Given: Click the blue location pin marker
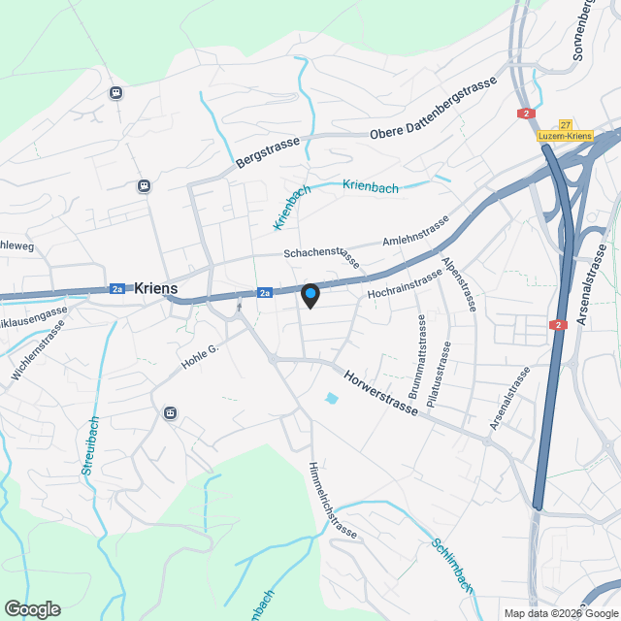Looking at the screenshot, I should tap(310, 295).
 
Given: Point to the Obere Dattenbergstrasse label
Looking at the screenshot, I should tap(433, 108).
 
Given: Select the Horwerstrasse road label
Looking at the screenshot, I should tap(380, 391).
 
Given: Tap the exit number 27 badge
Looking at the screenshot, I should tap(565, 125).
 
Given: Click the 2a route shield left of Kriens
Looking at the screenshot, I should tap(117, 288).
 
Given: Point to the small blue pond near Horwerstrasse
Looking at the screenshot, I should tap(333, 398).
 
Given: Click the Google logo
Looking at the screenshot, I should tap(32, 609).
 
